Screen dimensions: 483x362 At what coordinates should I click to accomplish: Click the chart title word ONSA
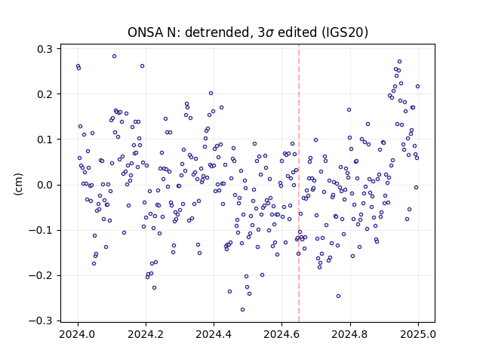[145, 32]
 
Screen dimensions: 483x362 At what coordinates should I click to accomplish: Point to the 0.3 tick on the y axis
[45, 49]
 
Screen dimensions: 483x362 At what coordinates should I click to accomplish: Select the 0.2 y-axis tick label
[45, 94]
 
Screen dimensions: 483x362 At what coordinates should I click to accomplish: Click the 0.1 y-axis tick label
[45, 140]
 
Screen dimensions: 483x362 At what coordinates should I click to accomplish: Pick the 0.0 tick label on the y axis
[45, 185]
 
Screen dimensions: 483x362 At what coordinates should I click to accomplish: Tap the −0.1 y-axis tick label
[41, 230]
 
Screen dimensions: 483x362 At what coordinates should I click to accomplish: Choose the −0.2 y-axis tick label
[41, 275]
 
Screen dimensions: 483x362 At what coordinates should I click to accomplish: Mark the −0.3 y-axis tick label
[41, 321]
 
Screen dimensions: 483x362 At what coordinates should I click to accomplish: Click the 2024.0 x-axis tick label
[78, 334]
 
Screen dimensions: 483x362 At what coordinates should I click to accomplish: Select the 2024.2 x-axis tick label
[146, 334]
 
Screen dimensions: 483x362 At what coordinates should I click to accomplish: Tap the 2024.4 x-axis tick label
[214, 334]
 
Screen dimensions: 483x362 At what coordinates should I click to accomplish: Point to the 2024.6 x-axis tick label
[281, 334]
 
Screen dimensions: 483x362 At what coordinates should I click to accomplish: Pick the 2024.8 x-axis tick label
[350, 334]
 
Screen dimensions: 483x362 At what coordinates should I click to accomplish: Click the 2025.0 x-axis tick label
[418, 334]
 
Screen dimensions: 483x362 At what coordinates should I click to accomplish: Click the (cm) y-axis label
[18, 184]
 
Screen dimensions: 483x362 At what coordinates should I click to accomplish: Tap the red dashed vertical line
[299, 183]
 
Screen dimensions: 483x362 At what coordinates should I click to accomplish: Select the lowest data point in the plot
[243, 310]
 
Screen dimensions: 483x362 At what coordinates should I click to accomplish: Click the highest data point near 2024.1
[114, 57]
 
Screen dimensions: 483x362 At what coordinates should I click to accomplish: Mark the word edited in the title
[297, 32]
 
